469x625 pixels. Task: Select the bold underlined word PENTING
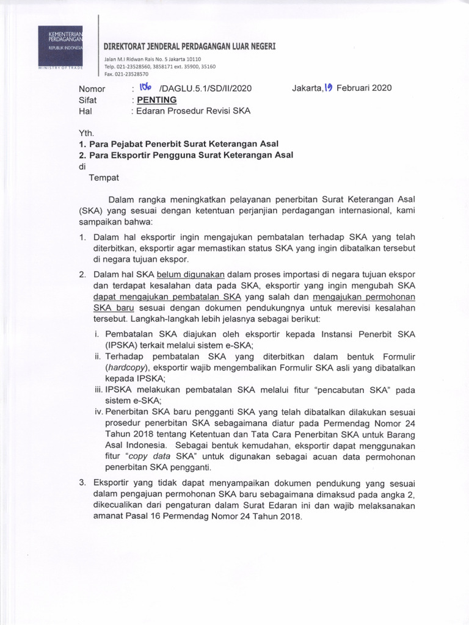pyautogui.click(x=157, y=99)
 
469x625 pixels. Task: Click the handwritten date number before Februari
pyautogui.click(x=329, y=88)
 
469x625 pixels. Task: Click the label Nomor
pyautogui.click(x=92, y=89)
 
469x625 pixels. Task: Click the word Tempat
pyautogui.click(x=104, y=178)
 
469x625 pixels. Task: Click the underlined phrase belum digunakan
pyautogui.click(x=192, y=275)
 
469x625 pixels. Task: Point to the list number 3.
pyautogui.click(x=82, y=483)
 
